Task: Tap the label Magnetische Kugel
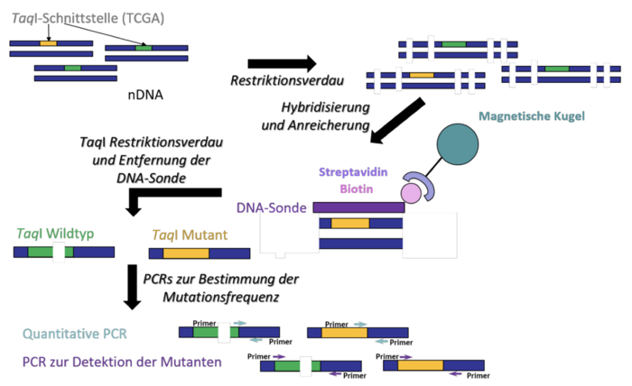[x=532, y=116]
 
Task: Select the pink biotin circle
[x=410, y=190]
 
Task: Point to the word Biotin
[x=358, y=189]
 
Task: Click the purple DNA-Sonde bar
[x=358, y=207]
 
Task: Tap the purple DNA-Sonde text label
[x=272, y=207]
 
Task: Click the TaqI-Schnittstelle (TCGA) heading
[x=77, y=17]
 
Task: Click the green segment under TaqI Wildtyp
[x=38, y=253]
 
